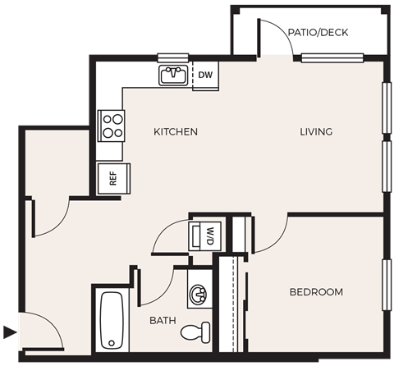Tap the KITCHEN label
pyautogui.click(x=176, y=132)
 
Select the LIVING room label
pyautogui.click(x=315, y=132)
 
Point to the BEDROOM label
pyautogui.click(x=316, y=292)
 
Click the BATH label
pyautogui.click(x=162, y=321)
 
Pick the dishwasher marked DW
pyautogui.click(x=205, y=76)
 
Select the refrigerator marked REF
pyautogui.click(x=112, y=179)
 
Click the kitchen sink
pyautogui.click(x=173, y=75)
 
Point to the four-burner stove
pyautogui.click(x=111, y=126)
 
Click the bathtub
pyautogui.click(x=111, y=321)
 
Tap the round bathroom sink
pyautogui.click(x=198, y=294)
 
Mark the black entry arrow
pyautogui.click(x=9, y=332)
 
